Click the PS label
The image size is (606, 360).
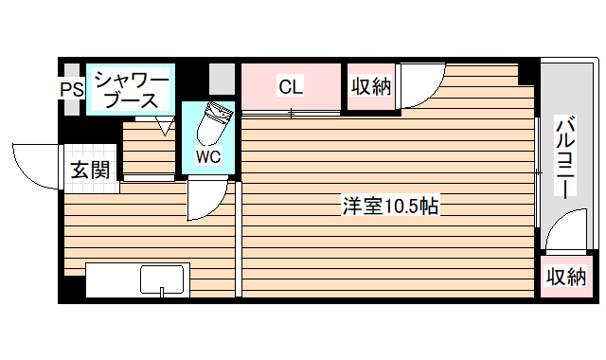click(x=72, y=90)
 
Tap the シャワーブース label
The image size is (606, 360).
click(x=129, y=89)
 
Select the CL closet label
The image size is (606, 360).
click(x=290, y=87)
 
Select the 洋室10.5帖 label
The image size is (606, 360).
click(x=389, y=206)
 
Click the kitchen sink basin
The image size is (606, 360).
click(x=162, y=280)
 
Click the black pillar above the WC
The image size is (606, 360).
click(x=193, y=80)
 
